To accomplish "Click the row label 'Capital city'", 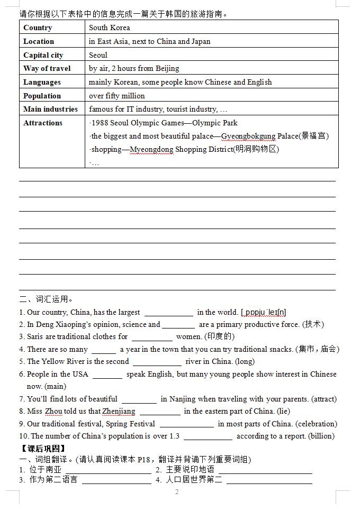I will (x=43, y=55).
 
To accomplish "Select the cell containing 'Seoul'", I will (x=98, y=55).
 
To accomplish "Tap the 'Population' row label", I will (x=42, y=96).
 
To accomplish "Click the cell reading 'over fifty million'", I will (x=117, y=96).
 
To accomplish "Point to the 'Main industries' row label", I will (x=50, y=109).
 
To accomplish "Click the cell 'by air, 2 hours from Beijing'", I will (x=134, y=68).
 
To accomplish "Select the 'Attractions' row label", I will (x=43, y=123).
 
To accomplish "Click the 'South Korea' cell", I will (x=110, y=28).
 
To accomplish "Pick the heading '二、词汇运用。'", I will (x=47, y=299).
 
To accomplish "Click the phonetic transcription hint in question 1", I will (x=263, y=313).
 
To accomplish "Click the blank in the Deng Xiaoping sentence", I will (x=178, y=325).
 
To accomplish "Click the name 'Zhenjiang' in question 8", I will (x=119, y=411).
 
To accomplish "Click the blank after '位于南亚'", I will (x=109, y=470).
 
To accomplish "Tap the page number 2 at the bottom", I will (x=177, y=492).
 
